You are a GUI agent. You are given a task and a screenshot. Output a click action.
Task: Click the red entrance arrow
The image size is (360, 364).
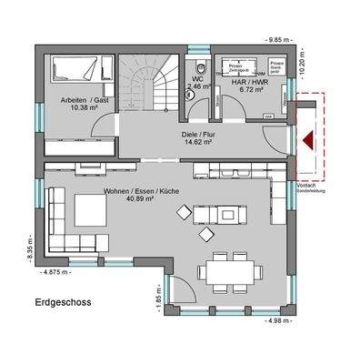click(x=310, y=139)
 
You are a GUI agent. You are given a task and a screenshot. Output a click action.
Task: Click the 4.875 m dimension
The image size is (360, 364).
click(x=55, y=270)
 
